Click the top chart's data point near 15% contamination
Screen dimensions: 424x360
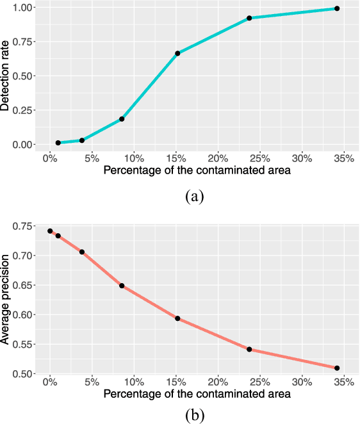coord(177,53)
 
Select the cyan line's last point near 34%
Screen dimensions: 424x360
coord(337,8)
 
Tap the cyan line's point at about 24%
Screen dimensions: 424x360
coord(249,18)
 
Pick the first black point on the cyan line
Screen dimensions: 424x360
coord(58,143)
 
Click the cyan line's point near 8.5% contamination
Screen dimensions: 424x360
coord(122,119)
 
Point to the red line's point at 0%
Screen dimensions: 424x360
coord(50,231)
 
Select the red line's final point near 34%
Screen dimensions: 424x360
coord(337,368)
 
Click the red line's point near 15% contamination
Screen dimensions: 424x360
coord(177,318)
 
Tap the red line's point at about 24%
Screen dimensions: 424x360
coord(249,350)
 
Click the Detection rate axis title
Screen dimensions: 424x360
coord(6,76)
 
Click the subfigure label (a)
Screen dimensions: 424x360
coord(194,196)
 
